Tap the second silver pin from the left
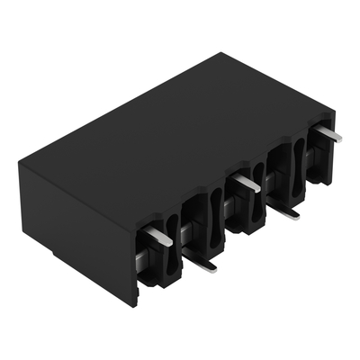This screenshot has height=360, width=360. coord(202,263)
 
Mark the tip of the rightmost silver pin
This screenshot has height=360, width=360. coord(340,138)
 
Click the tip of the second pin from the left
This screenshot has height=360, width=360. coord(213,267)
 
